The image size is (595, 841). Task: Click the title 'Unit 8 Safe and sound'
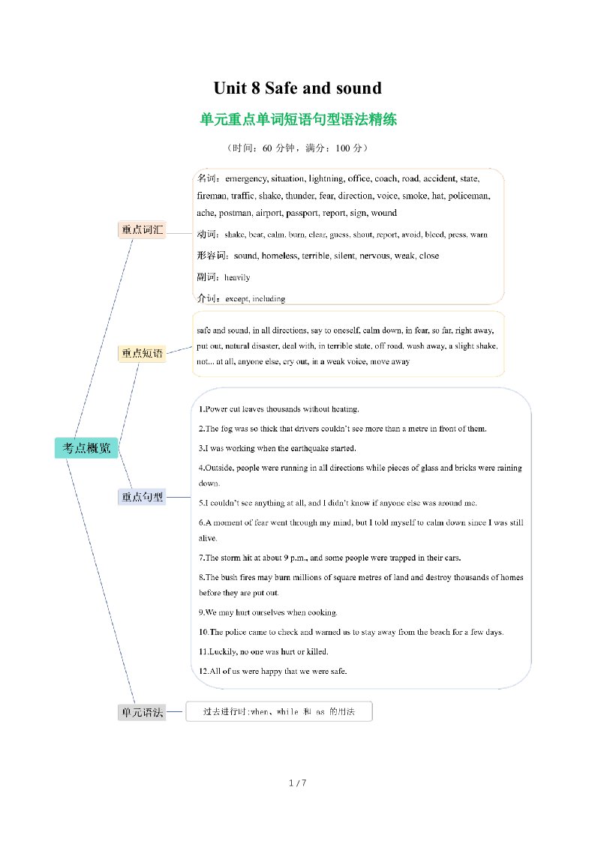[297, 88]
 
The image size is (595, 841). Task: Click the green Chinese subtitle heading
[298, 119]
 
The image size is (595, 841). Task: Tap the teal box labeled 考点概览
[86, 448]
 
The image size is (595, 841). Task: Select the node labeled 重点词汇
[142, 230]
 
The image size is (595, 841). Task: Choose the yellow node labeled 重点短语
[142, 353]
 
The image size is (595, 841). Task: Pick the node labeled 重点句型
[142, 496]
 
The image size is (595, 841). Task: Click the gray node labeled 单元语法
[142, 712]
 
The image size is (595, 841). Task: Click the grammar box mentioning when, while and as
[279, 711]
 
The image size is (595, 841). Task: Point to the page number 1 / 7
[298, 783]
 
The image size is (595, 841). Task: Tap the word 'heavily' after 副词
[237, 277]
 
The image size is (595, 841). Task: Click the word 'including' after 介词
[269, 299]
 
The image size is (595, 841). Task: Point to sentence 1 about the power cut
[279, 409]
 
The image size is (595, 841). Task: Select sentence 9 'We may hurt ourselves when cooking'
[268, 612]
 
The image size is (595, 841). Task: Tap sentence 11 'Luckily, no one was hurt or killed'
[263, 651]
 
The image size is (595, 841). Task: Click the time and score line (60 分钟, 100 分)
[297, 148]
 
